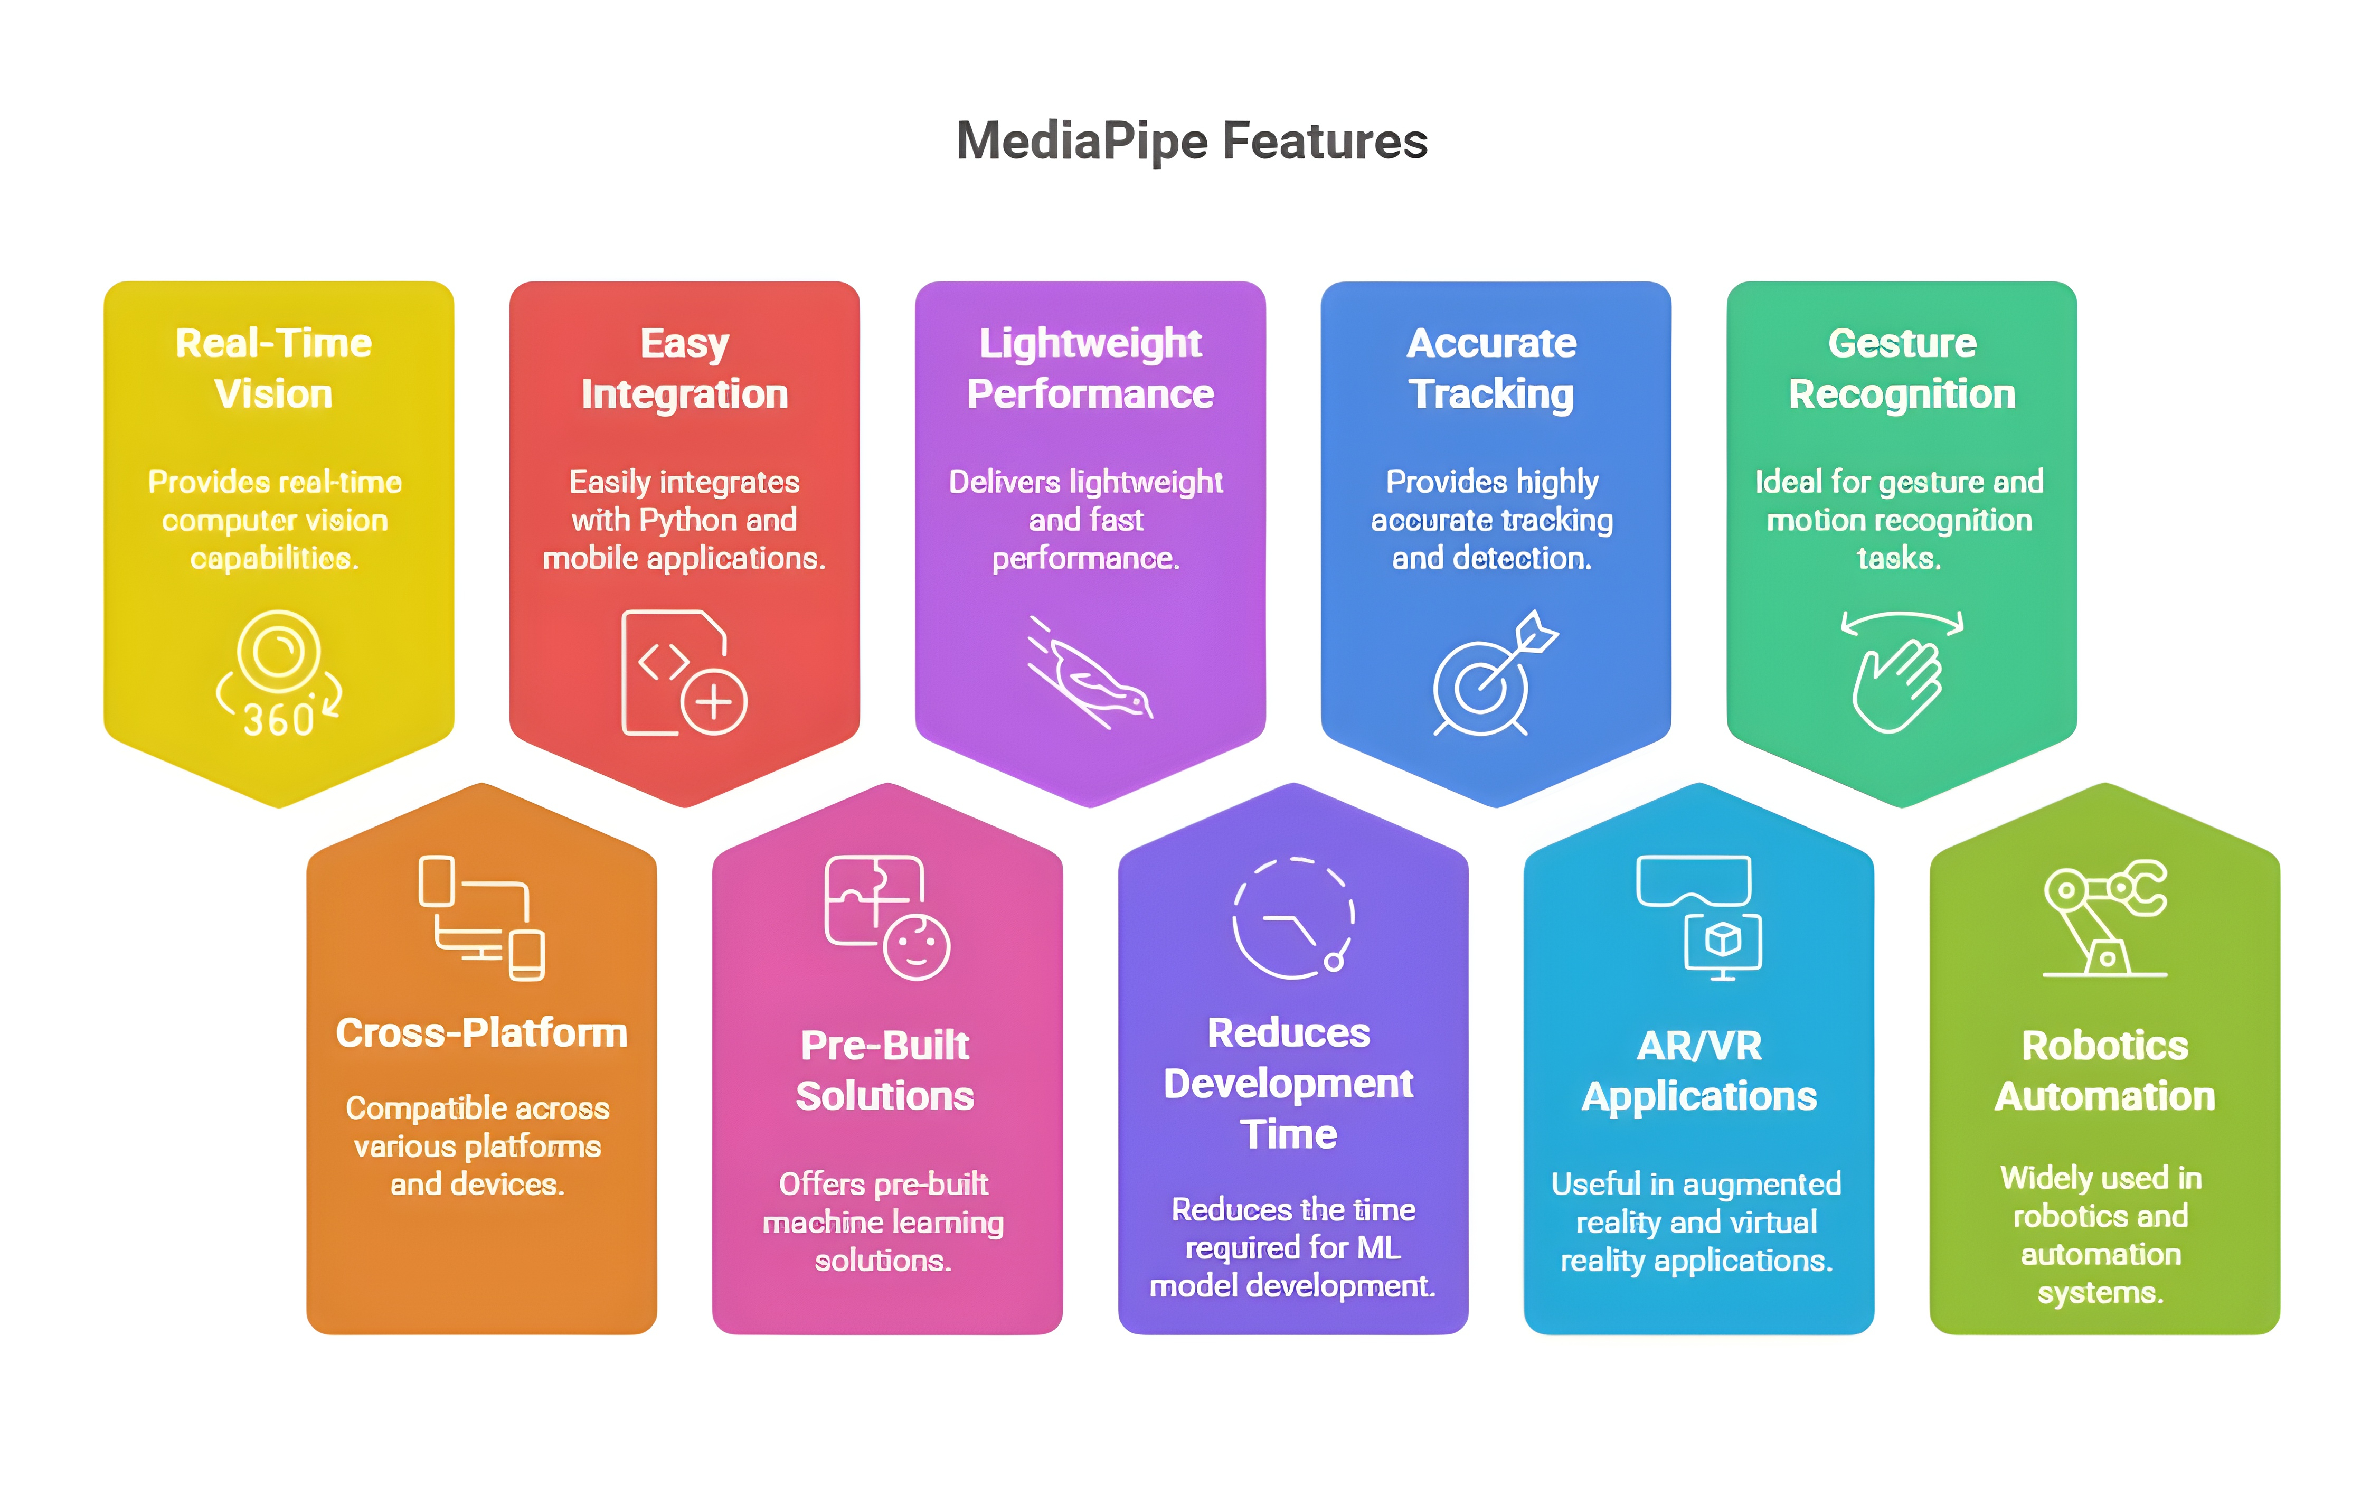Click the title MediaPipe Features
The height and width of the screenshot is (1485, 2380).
click(x=1191, y=140)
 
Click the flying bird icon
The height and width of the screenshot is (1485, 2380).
click(x=1090, y=674)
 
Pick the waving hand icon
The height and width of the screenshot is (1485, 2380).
click(x=1901, y=674)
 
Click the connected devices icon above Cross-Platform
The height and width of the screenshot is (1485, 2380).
click(x=481, y=918)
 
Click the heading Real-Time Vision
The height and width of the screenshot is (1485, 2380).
click(x=274, y=368)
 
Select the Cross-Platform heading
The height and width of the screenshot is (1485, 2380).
click(x=481, y=1033)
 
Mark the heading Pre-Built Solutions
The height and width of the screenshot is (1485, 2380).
click(x=885, y=1070)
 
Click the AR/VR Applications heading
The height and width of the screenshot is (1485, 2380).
click(x=1698, y=1070)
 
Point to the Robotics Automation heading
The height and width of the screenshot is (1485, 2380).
click(x=2104, y=1070)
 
